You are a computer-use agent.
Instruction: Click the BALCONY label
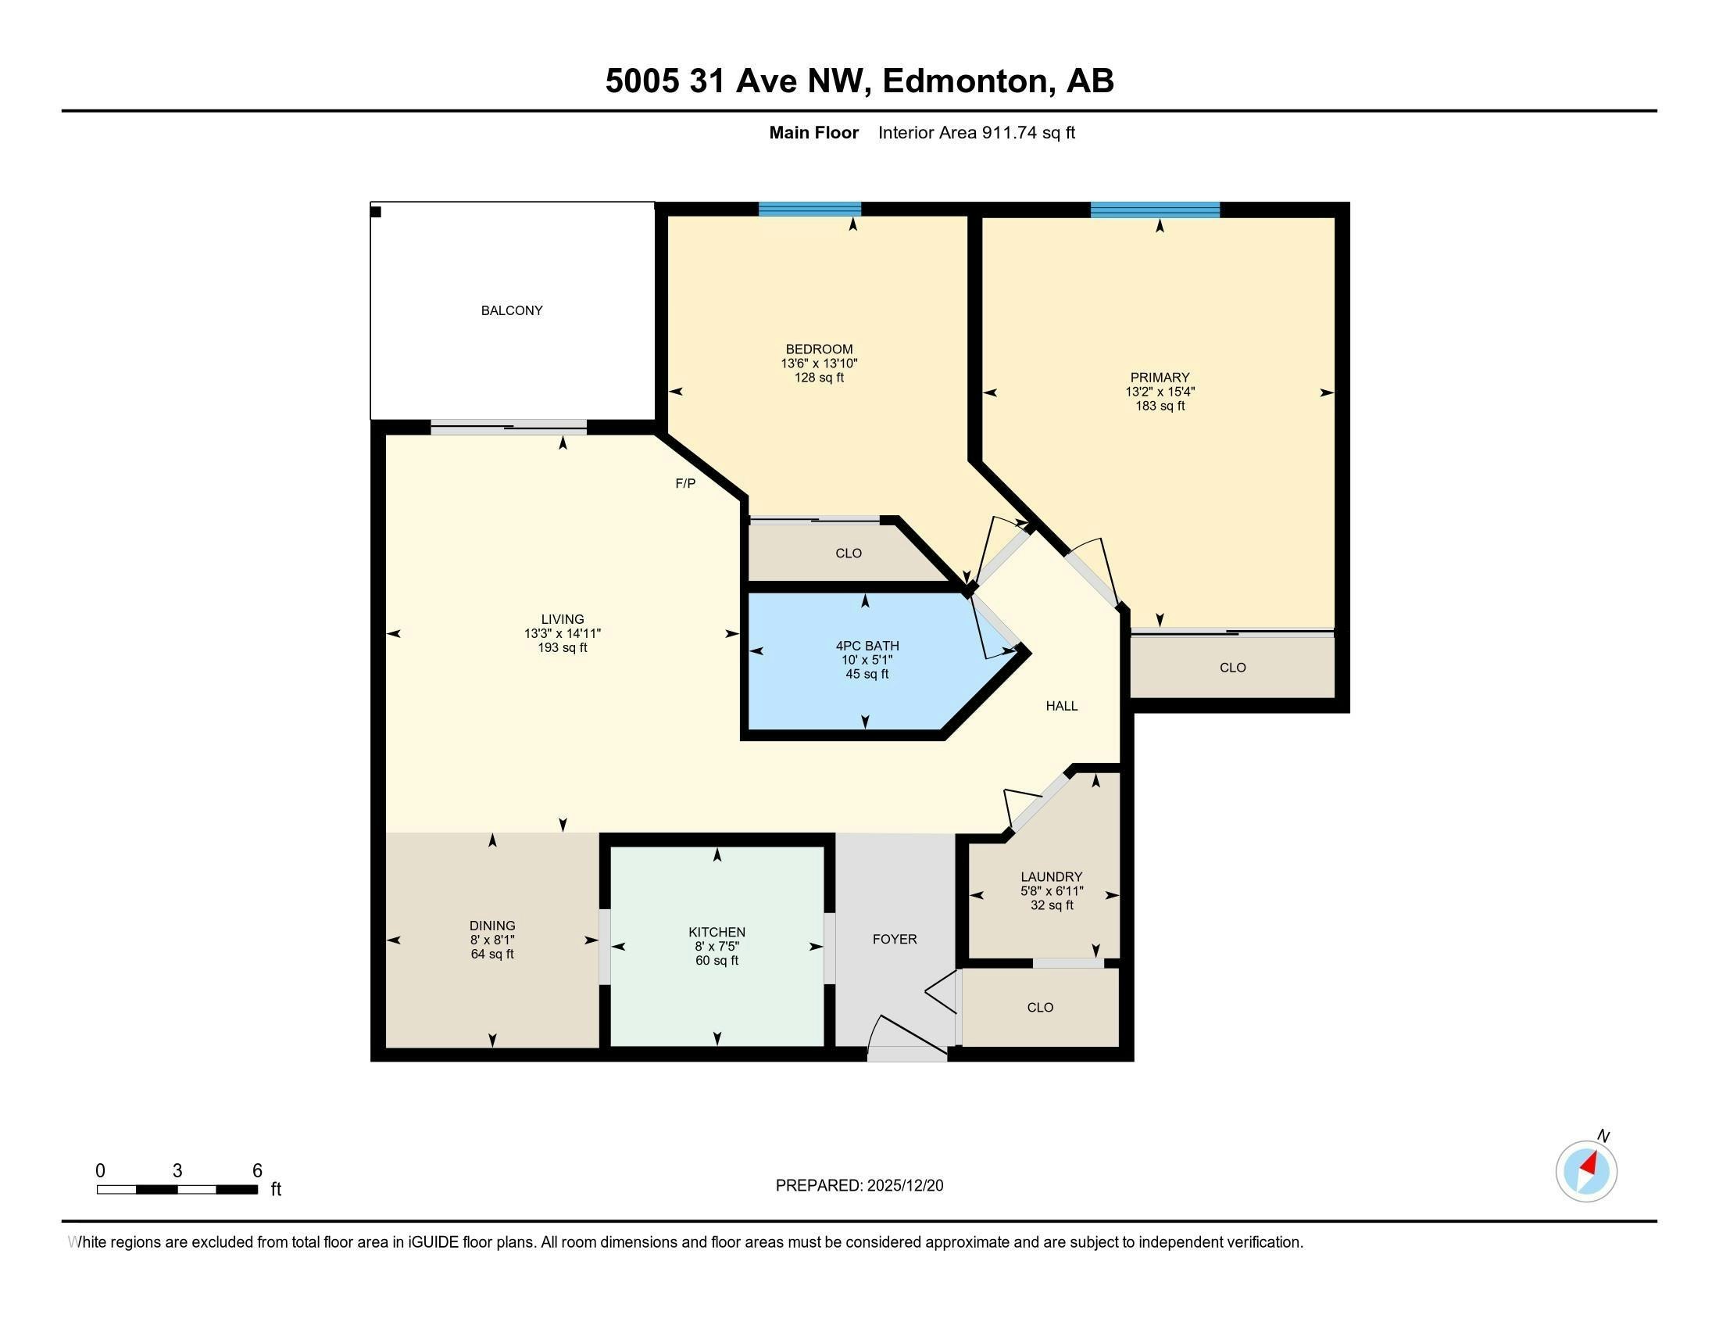[x=512, y=310]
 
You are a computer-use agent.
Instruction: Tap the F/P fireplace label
[x=685, y=483]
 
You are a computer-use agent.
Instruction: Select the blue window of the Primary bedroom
[x=1155, y=210]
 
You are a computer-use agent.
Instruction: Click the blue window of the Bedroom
[x=809, y=209]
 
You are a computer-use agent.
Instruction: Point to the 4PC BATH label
[x=867, y=646]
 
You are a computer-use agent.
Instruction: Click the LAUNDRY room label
[x=1052, y=876]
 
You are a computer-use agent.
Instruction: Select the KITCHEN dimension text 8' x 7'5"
[x=717, y=947]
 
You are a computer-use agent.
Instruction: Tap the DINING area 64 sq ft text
[x=492, y=955]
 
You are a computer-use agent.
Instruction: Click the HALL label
[x=1062, y=706]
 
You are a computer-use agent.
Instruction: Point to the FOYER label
[x=895, y=939]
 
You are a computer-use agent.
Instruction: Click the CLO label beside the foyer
[x=1040, y=1008]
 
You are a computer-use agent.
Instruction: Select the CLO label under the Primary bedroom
[x=1232, y=668]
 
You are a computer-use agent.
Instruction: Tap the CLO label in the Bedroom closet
[x=849, y=553]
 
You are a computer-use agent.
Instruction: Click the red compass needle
[x=1589, y=1163]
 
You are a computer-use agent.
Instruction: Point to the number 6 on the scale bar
[x=256, y=1171]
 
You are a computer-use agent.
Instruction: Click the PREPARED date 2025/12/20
[x=904, y=1186]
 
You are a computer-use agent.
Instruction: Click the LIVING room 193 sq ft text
[x=562, y=648]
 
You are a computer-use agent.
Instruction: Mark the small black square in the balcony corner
[x=377, y=212]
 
